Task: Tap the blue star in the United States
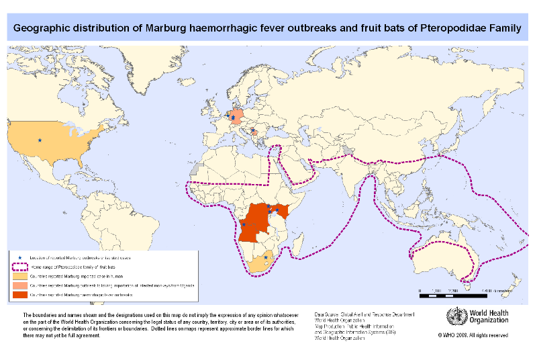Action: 40,140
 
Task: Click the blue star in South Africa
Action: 266,257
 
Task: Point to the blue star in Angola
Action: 244,225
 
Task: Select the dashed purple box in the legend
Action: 20,267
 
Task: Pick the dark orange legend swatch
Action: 20,294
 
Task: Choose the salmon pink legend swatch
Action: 20,285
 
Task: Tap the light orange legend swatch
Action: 20,276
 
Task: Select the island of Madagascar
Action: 301,243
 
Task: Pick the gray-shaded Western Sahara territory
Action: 195,172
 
